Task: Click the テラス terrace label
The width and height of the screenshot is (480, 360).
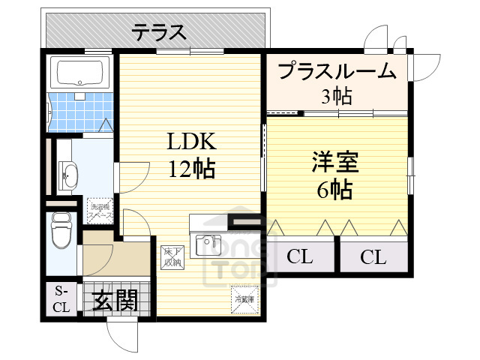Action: pyautogui.click(x=159, y=31)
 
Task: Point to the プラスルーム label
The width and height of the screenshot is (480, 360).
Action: pyautogui.click(x=336, y=71)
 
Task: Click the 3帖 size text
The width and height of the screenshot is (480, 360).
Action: pyautogui.click(x=336, y=95)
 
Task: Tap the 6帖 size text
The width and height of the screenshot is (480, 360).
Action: pyautogui.click(x=334, y=190)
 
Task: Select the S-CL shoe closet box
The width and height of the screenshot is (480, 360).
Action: pyautogui.click(x=60, y=298)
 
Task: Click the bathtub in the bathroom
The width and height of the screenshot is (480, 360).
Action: pyautogui.click(x=80, y=73)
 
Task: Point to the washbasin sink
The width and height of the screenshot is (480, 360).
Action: pyautogui.click(x=69, y=175)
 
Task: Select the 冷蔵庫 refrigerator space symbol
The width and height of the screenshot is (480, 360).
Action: pyautogui.click(x=244, y=299)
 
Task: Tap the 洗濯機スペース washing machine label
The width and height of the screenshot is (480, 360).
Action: pyautogui.click(x=100, y=210)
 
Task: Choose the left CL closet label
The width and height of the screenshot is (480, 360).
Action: pyautogui.click(x=299, y=257)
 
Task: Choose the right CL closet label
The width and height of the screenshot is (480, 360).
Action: pyautogui.click(x=373, y=257)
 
